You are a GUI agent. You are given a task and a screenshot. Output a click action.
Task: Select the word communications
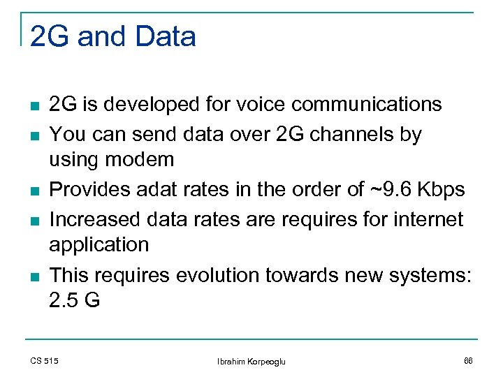click(x=367, y=105)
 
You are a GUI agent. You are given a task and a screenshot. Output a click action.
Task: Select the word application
click(x=99, y=245)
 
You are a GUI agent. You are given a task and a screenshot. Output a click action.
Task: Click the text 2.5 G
click(x=75, y=301)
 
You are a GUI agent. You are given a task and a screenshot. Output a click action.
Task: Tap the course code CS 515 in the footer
click(x=45, y=360)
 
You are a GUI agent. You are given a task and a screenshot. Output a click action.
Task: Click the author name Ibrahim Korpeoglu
click(x=251, y=361)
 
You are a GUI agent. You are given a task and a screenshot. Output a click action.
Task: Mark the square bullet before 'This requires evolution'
click(x=34, y=276)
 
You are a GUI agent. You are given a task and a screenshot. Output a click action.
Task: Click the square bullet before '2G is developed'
click(x=34, y=106)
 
